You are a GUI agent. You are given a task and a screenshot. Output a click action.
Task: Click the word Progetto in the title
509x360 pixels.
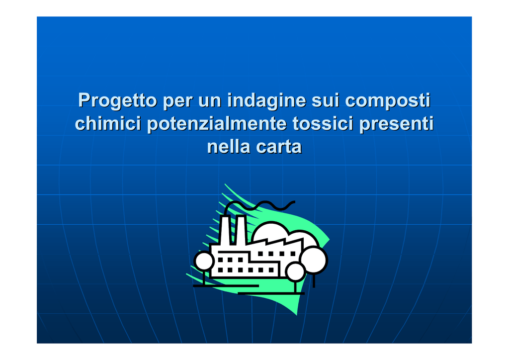(118, 100)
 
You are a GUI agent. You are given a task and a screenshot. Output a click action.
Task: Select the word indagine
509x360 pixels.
(266, 100)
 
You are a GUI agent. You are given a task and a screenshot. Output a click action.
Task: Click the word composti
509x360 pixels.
(388, 100)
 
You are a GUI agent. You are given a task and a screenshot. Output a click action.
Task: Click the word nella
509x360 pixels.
(229, 146)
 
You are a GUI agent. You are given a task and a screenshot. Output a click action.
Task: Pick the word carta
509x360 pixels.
(279, 147)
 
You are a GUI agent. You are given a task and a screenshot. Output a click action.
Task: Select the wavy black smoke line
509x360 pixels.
(259, 206)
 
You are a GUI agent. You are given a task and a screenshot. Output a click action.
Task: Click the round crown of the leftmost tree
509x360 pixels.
(204, 261)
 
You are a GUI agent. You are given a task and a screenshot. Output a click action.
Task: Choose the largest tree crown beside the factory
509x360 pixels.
(314, 260)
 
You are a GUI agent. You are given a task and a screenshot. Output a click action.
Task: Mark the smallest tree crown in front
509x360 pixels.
(295, 271)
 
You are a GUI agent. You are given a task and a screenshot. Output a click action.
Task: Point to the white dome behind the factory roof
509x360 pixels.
(270, 231)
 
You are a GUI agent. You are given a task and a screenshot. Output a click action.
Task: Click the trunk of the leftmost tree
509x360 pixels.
(204, 277)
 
